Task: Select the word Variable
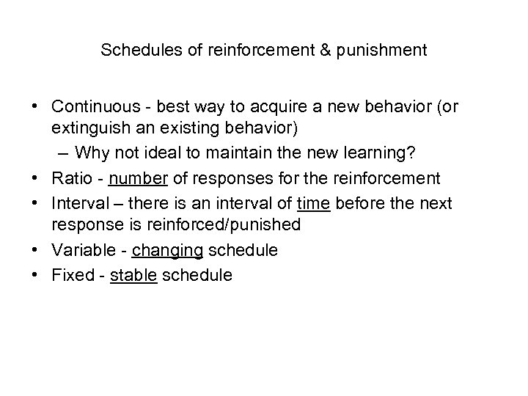click(x=81, y=250)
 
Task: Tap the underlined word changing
click(x=167, y=250)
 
